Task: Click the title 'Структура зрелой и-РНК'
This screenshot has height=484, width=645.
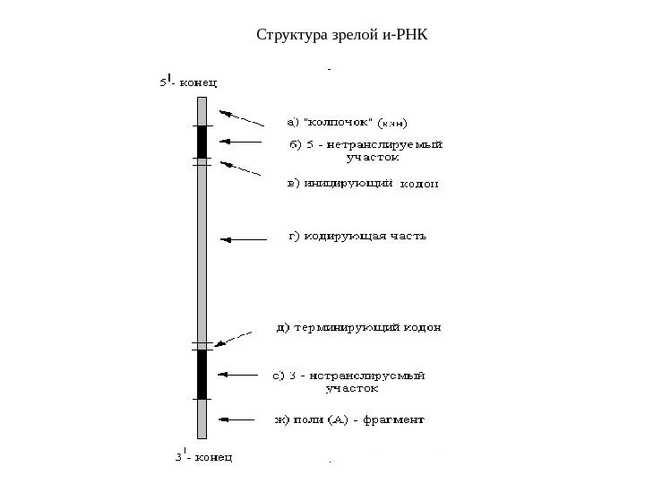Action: click(343, 37)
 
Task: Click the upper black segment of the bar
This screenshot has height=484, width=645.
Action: click(202, 141)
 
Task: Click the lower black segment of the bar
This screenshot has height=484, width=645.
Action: click(202, 373)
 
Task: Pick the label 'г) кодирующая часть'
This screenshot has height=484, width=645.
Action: click(357, 238)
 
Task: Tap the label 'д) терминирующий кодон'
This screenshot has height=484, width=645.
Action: click(357, 327)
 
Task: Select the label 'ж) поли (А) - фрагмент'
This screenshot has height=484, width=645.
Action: click(348, 419)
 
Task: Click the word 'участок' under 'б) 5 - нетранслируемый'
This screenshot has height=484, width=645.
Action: click(366, 156)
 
